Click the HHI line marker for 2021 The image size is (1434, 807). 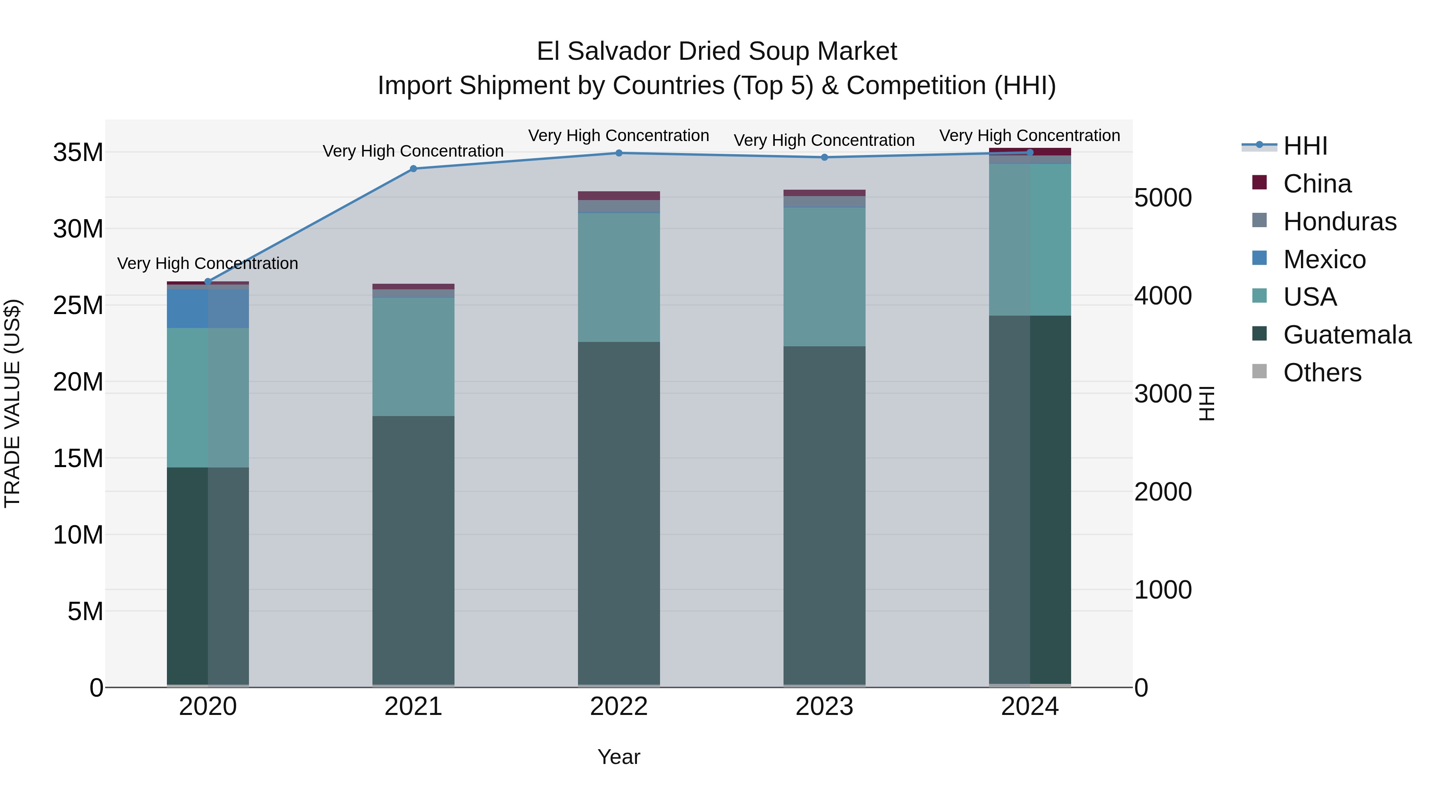[413, 169]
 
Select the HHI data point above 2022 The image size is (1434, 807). [619, 153]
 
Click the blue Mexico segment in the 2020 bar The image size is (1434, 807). [208, 308]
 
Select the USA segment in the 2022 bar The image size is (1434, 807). [619, 277]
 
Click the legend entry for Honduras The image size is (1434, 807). [1339, 222]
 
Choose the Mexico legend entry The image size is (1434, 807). [1324, 259]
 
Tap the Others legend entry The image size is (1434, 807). [1322, 373]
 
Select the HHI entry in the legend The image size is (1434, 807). [1305, 146]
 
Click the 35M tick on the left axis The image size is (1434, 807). [78, 153]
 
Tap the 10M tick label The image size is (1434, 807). [78, 535]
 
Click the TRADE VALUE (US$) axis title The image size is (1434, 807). [12, 403]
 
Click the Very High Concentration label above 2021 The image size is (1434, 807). [413, 151]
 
